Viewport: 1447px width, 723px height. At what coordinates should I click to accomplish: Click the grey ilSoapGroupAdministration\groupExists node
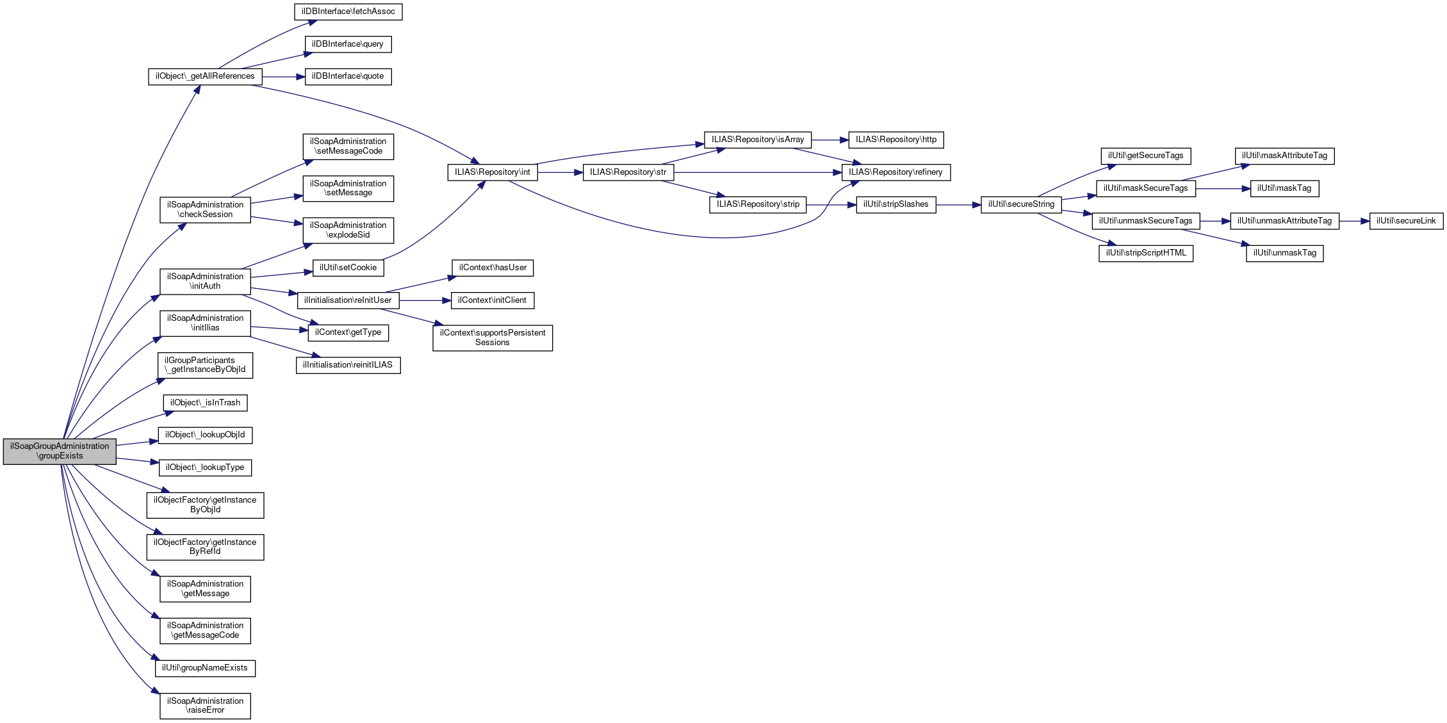60,451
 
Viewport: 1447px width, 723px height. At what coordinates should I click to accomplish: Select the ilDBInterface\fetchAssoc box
348,12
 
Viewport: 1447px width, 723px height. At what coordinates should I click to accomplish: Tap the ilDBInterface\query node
348,44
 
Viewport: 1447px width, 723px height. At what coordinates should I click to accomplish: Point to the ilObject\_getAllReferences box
205,76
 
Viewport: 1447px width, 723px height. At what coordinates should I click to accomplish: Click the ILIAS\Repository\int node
492,172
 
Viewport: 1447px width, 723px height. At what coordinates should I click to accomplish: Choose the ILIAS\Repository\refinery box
895,172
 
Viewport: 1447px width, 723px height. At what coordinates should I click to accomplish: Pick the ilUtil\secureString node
1020,204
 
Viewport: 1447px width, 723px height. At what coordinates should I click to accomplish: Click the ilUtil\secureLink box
1406,221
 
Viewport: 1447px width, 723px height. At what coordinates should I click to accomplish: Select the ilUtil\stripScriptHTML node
1145,253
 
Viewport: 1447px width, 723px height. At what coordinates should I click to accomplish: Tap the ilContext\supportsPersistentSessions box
492,337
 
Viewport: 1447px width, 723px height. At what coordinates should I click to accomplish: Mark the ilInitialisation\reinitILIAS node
348,365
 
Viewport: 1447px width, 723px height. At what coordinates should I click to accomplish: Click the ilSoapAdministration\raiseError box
205,706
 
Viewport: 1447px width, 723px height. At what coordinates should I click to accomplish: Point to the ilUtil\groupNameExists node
205,668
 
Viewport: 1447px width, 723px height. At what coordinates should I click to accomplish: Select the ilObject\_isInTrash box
205,403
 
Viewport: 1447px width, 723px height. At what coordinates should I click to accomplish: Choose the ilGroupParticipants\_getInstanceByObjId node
205,365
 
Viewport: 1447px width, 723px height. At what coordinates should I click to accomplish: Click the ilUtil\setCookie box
348,268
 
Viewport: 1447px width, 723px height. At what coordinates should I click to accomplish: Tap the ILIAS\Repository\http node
895,140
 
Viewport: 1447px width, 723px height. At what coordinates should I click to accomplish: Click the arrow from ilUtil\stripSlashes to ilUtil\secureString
958,205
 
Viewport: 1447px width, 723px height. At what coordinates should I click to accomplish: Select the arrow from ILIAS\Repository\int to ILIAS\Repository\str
560,172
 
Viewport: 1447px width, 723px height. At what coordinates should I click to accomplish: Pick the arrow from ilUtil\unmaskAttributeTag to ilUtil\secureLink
1354,221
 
